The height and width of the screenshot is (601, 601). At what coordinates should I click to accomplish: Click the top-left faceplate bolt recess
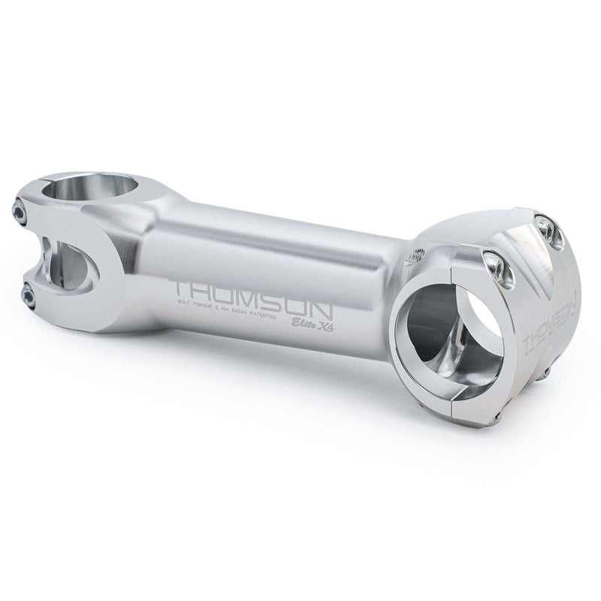click(x=492, y=263)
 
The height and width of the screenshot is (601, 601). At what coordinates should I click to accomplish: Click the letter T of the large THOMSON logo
click(x=181, y=288)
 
